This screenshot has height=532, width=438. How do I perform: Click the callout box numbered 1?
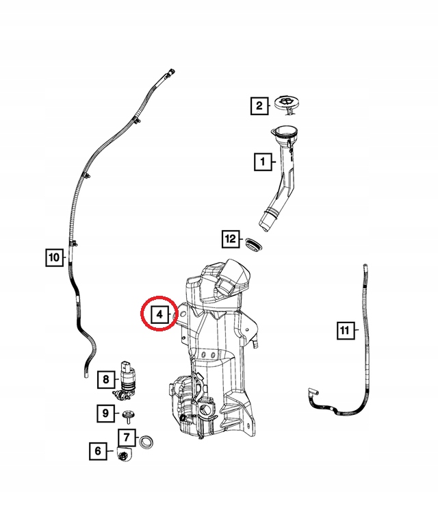tap(261, 162)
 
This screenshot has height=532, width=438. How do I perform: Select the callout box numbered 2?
tap(259, 105)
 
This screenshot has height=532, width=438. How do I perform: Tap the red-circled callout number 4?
tap(159, 314)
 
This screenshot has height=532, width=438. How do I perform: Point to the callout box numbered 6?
tap(98, 451)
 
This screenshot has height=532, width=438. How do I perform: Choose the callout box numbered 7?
tap(127, 437)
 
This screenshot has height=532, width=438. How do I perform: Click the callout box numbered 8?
tap(106, 378)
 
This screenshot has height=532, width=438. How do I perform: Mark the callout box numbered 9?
tap(105, 413)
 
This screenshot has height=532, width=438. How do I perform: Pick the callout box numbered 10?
tap(53, 257)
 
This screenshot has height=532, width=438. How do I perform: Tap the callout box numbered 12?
tap(231, 238)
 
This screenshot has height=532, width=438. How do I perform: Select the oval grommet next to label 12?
tap(254, 244)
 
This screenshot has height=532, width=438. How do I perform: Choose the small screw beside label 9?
tap(128, 414)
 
